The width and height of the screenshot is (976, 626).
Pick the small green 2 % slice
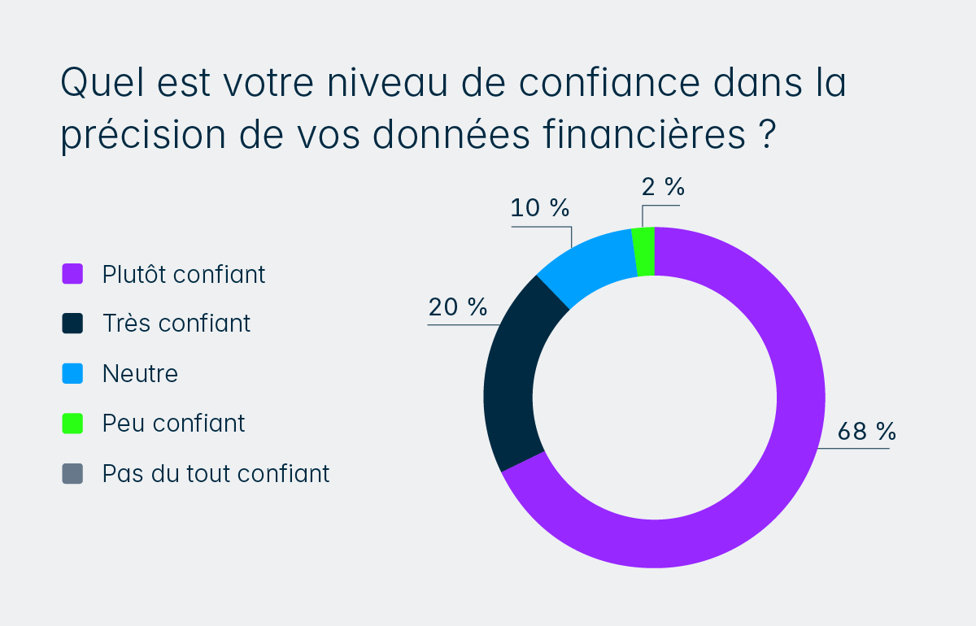click(x=644, y=252)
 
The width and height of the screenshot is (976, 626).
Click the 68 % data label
click(x=866, y=432)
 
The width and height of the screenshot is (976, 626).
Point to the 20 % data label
click(x=458, y=307)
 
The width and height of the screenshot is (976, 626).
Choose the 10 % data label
click(x=540, y=208)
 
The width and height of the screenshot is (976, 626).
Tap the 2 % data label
click(x=663, y=187)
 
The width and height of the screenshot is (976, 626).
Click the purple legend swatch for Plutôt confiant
click(x=72, y=274)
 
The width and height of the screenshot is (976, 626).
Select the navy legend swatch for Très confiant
click(x=72, y=324)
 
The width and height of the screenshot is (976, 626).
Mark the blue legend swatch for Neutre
click(x=72, y=374)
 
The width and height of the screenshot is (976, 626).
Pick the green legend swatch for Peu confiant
click(x=72, y=424)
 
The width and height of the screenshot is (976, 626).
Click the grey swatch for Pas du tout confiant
click(x=72, y=473)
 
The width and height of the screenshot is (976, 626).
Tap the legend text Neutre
click(x=140, y=374)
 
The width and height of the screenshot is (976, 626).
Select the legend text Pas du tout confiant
click(x=216, y=473)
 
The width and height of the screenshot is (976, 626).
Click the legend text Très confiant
click(x=176, y=324)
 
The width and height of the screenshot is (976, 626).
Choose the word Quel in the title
click(x=100, y=84)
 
